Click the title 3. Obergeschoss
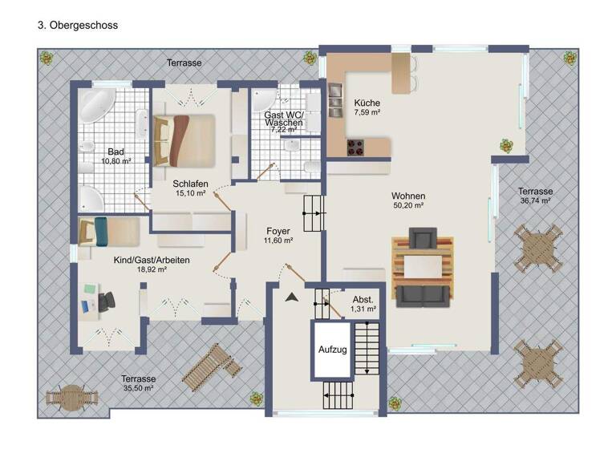[78, 26]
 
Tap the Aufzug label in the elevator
[331, 350]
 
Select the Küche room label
[367, 103]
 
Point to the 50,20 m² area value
[408, 205]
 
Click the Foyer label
[278, 231]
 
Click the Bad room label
[115, 150]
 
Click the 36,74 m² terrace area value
[534, 201]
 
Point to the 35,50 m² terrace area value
[138, 388]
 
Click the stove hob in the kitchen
[355, 148]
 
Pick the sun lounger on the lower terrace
[210, 366]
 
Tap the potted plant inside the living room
[506, 146]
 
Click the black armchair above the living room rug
[421, 238]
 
